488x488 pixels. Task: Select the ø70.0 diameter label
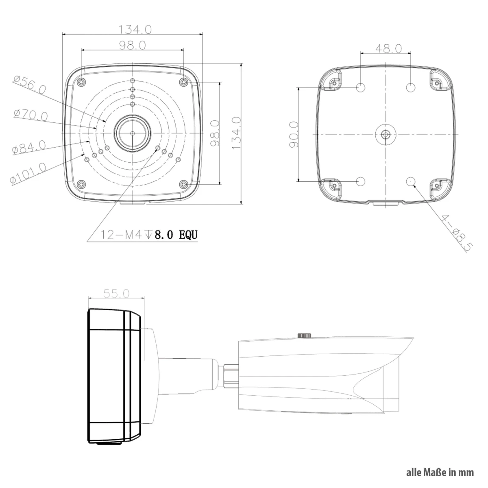[x=30, y=115]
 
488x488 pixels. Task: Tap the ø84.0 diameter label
[x=29, y=147]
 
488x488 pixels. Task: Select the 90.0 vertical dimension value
[x=294, y=135]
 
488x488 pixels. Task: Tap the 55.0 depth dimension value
[x=116, y=294]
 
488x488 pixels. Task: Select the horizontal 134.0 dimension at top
[x=135, y=30]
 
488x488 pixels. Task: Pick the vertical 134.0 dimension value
[x=236, y=133]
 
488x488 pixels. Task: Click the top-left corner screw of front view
[x=82, y=82]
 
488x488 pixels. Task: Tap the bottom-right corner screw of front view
[x=183, y=184]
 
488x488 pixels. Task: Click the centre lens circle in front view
[x=132, y=133]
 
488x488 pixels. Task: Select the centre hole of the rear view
[x=386, y=134]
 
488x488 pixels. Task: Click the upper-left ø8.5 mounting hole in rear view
[x=361, y=87]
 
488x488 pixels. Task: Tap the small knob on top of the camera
[x=305, y=335]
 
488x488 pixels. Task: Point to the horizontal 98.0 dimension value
[x=133, y=45]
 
